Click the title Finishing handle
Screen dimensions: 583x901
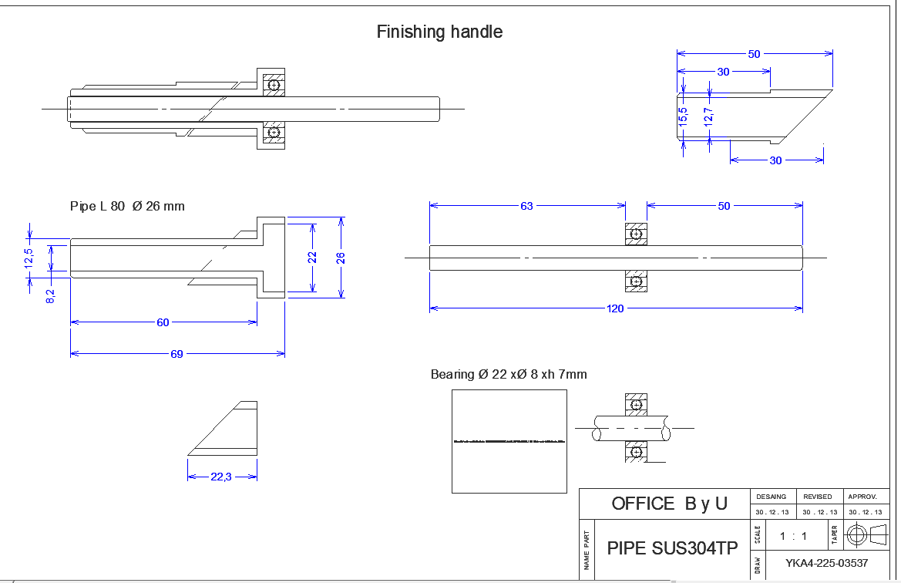pyautogui.click(x=439, y=32)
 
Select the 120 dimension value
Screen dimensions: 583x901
pyautogui.click(x=615, y=308)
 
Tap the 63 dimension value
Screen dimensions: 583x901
pyautogui.click(x=526, y=206)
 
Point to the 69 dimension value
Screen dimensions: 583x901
pyautogui.click(x=177, y=354)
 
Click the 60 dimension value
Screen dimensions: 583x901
pyautogui.click(x=163, y=322)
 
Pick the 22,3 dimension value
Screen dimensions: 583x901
pyautogui.click(x=221, y=477)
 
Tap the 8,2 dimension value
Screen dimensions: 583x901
pyautogui.click(x=50, y=295)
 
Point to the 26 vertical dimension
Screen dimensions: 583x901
pyautogui.click(x=341, y=258)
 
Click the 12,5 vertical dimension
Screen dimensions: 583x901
pyautogui.click(x=29, y=258)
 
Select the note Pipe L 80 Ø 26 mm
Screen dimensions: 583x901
pyautogui.click(x=127, y=207)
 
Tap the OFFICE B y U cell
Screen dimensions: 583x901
pyautogui.click(x=669, y=504)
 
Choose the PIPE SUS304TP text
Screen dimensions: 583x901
pyautogui.click(x=672, y=548)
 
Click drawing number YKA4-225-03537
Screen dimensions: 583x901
pyautogui.click(x=826, y=563)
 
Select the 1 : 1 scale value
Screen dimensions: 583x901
pyautogui.click(x=793, y=535)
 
